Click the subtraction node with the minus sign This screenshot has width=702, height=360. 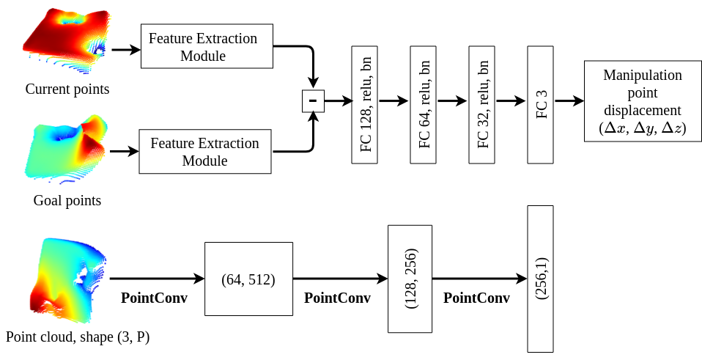tap(313, 101)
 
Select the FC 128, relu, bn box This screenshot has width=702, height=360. tap(365, 104)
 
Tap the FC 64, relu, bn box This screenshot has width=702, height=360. tap(424, 104)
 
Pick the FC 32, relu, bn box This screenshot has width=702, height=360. tap(482, 104)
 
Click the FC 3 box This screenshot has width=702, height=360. tap(540, 104)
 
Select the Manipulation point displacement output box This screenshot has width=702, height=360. tap(642, 102)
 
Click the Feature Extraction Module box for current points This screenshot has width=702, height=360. tap(207, 46)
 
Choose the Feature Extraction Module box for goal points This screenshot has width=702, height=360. tap(204, 152)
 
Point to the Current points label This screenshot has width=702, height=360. tap(67, 89)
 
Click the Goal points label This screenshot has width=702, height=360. tap(67, 200)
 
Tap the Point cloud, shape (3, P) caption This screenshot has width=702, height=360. tap(78, 337)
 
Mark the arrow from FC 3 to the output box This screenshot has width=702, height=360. tap(568, 102)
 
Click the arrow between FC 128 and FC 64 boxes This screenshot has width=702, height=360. tap(394, 102)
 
